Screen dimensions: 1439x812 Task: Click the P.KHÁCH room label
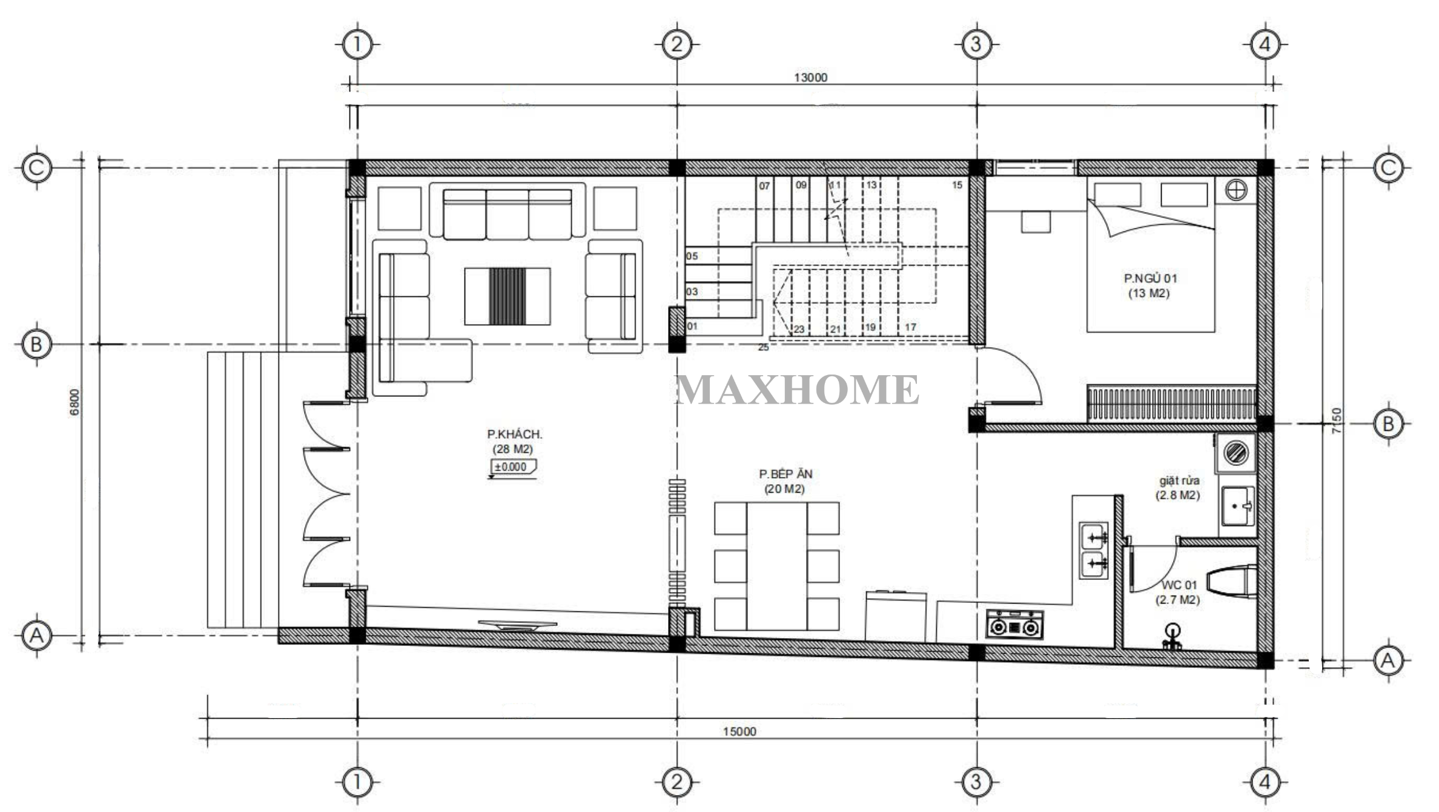514,434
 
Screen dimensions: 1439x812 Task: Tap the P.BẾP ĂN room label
786,474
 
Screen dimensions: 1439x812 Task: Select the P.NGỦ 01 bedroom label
1150,279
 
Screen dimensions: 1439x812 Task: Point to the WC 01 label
1179,585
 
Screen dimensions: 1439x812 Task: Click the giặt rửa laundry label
1179,481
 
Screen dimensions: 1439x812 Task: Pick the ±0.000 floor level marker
512,468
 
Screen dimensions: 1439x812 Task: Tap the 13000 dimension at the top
810,78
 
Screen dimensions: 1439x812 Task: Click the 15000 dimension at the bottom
739,731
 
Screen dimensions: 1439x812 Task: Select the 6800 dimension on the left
74,402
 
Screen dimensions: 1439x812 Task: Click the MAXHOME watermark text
798,390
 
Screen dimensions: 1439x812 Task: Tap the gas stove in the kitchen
1014,625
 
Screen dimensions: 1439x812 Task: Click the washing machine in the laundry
1235,453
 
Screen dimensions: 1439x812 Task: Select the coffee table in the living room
508,296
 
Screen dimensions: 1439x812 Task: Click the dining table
776,566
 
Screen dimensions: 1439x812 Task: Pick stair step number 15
957,185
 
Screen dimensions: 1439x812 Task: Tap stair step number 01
692,327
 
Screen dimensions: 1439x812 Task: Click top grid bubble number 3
976,44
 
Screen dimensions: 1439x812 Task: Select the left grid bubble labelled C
36,168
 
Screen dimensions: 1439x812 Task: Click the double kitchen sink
1094,551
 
